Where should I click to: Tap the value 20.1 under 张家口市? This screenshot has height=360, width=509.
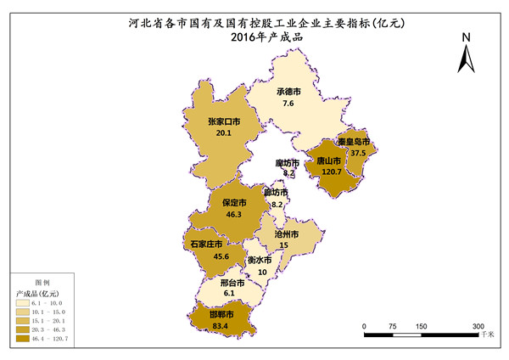point(223,133)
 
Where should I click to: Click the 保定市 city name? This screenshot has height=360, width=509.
point(234,204)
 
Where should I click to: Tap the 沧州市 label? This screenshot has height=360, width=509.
point(289,233)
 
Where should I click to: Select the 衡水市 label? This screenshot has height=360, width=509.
point(260,260)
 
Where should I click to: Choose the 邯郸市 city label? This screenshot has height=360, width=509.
point(223,314)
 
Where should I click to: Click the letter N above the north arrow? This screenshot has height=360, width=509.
point(466,37)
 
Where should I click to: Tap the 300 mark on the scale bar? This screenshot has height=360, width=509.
point(478,326)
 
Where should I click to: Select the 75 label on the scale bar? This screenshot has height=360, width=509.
point(392,326)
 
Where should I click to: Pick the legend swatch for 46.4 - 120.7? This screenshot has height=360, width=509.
point(23,340)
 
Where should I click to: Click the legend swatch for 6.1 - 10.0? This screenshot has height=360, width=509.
point(23,303)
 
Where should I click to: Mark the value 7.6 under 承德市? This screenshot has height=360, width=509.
point(288,103)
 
